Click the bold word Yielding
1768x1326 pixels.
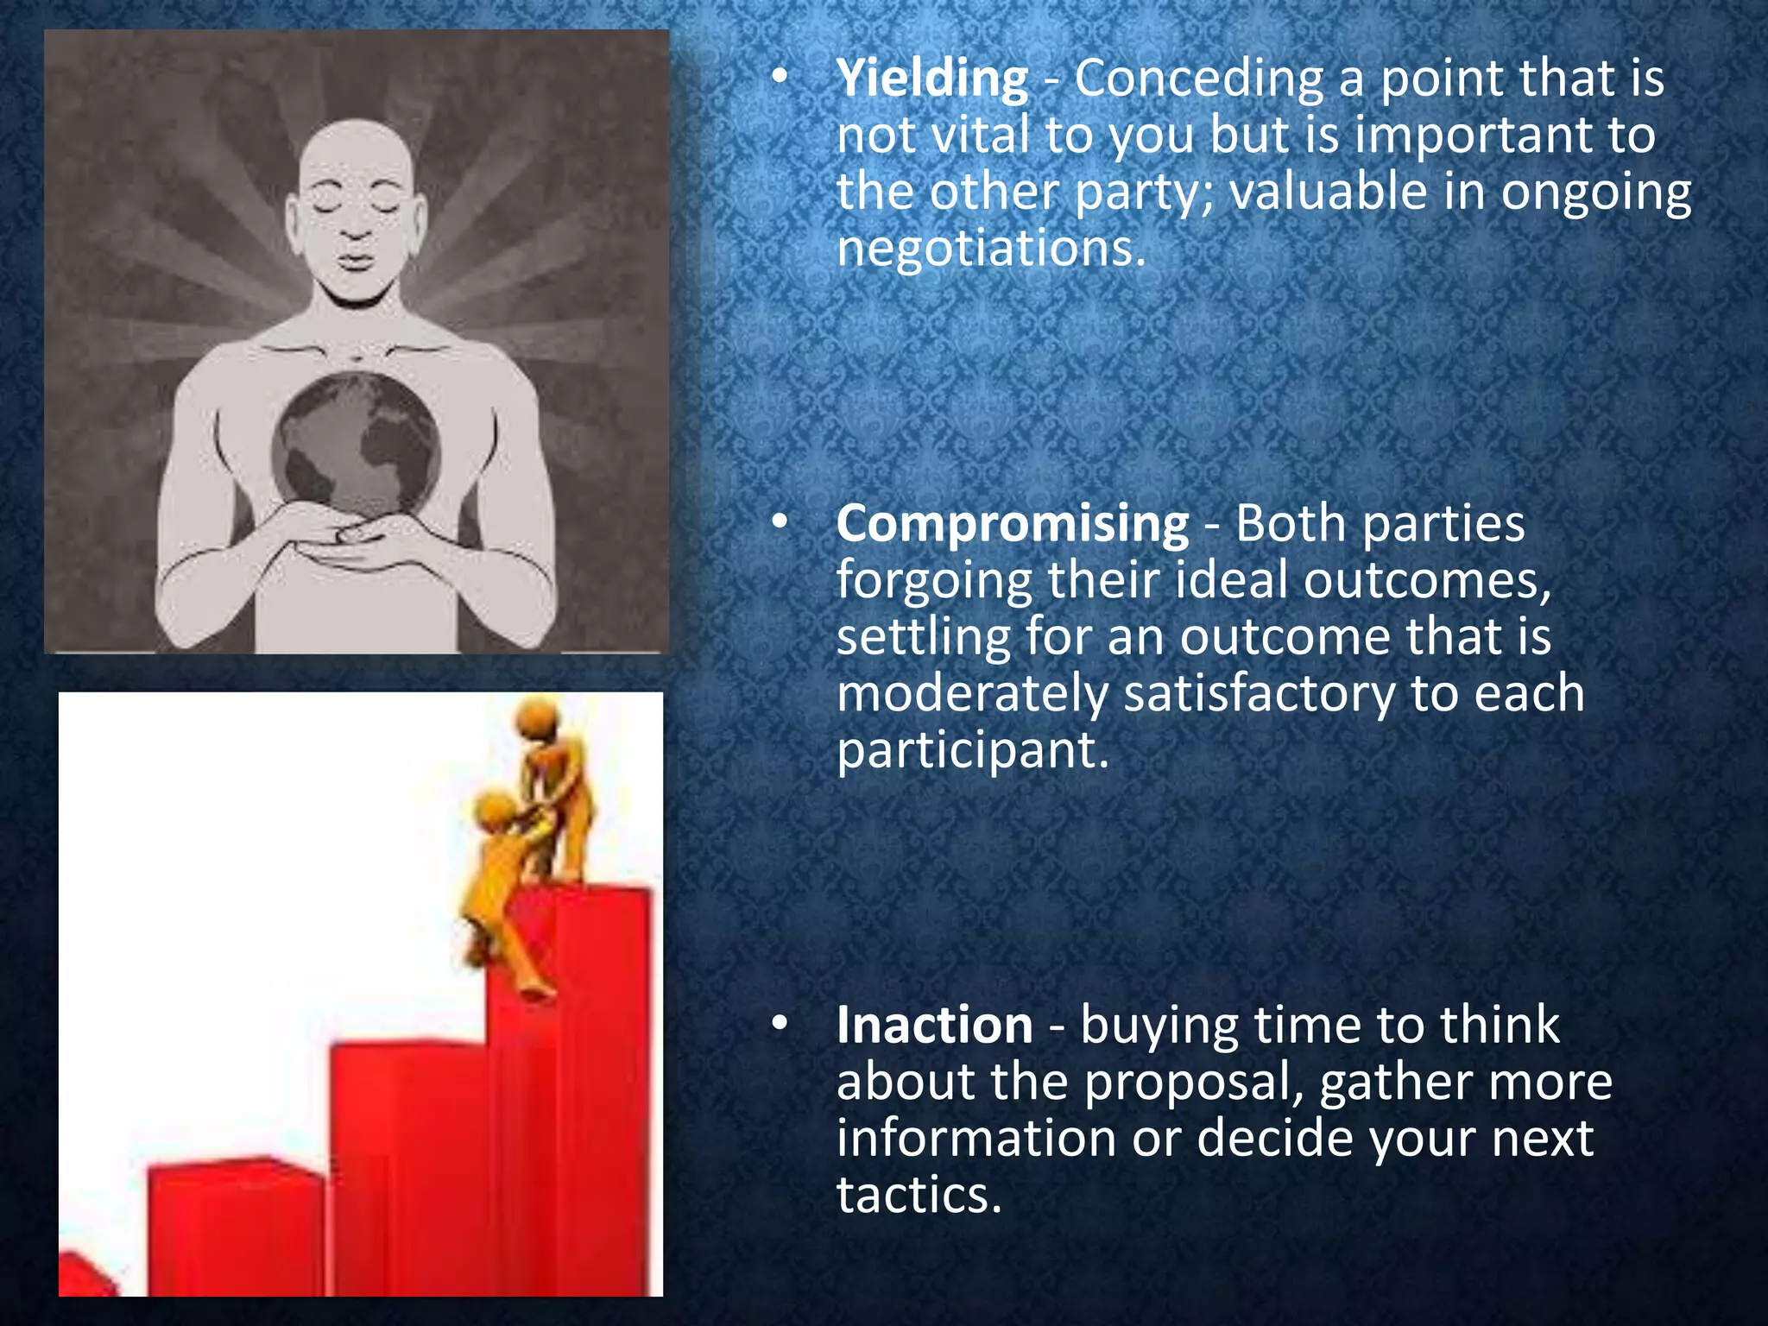(x=932, y=79)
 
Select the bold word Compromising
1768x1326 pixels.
(x=1012, y=524)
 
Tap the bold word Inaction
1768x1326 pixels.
(x=934, y=1026)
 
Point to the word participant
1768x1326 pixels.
(x=971, y=751)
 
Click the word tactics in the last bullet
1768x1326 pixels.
(x=919, y=1196)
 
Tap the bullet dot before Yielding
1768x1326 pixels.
(x=780, y=78)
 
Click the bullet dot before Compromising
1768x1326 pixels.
(x=780, y=522)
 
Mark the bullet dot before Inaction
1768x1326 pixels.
(x=780, y=1024)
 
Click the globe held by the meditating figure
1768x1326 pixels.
(x=356, y=445)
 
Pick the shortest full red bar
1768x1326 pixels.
(x=235, y=1226)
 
